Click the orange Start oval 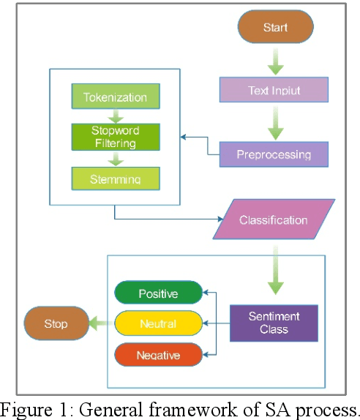tap(275, 28)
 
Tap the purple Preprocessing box tap(273, 154)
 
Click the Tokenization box tap(115, 97)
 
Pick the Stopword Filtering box tap(115, 137)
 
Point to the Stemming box tap(115, 178)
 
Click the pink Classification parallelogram tap(274, 219)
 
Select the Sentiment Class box tap(274, 323)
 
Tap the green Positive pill tap(158, 293)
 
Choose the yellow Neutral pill tap(158, 323)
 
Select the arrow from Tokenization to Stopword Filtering tap(115, 116)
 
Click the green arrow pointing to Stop tap(100, 322)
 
